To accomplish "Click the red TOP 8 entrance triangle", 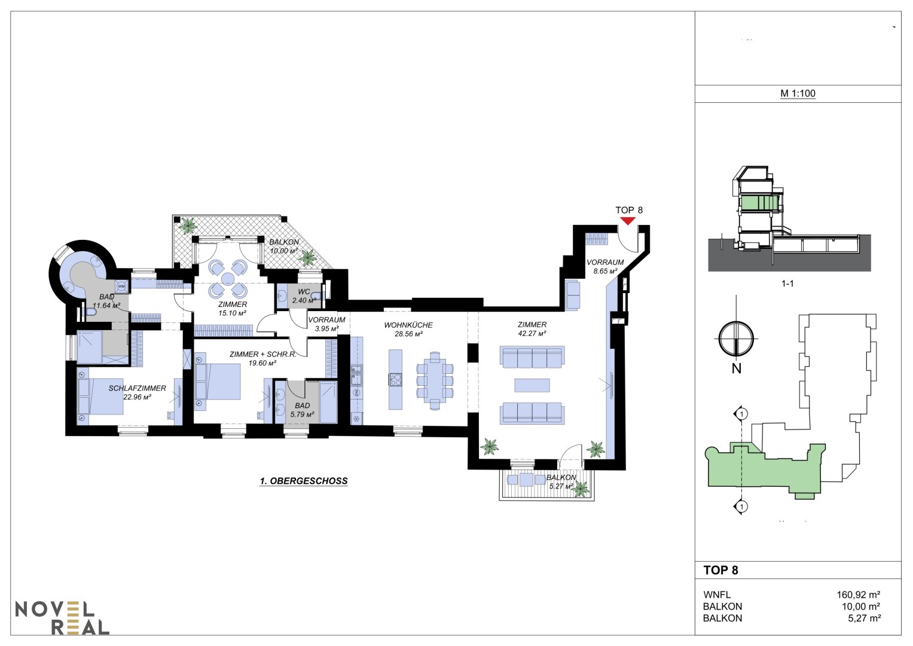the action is pos(628,221).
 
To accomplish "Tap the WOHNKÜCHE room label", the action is pos(408,325).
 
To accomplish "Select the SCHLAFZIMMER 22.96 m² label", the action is pos(137,392).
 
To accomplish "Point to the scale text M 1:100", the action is pos(798,93).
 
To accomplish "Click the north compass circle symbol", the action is pos(736,339).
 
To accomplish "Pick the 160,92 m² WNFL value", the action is pos(859,595).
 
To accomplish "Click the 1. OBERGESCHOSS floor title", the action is pos(304,481).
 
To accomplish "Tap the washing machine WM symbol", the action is pos(121,287).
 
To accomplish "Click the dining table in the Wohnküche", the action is pos(435,380).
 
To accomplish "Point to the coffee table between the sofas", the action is pos(532,385).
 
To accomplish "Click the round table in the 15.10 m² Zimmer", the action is pos(227,279).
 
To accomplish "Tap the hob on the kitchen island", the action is pos(395,380).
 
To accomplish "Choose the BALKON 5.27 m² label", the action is pos(561,482).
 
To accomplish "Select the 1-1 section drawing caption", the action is pos(787,284).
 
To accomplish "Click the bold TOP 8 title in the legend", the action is pos(720,570).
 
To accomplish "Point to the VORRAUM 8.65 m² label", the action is pos(605,266).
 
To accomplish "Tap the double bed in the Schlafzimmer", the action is pos(100,397).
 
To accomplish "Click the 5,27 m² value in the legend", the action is pos(864,618).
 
